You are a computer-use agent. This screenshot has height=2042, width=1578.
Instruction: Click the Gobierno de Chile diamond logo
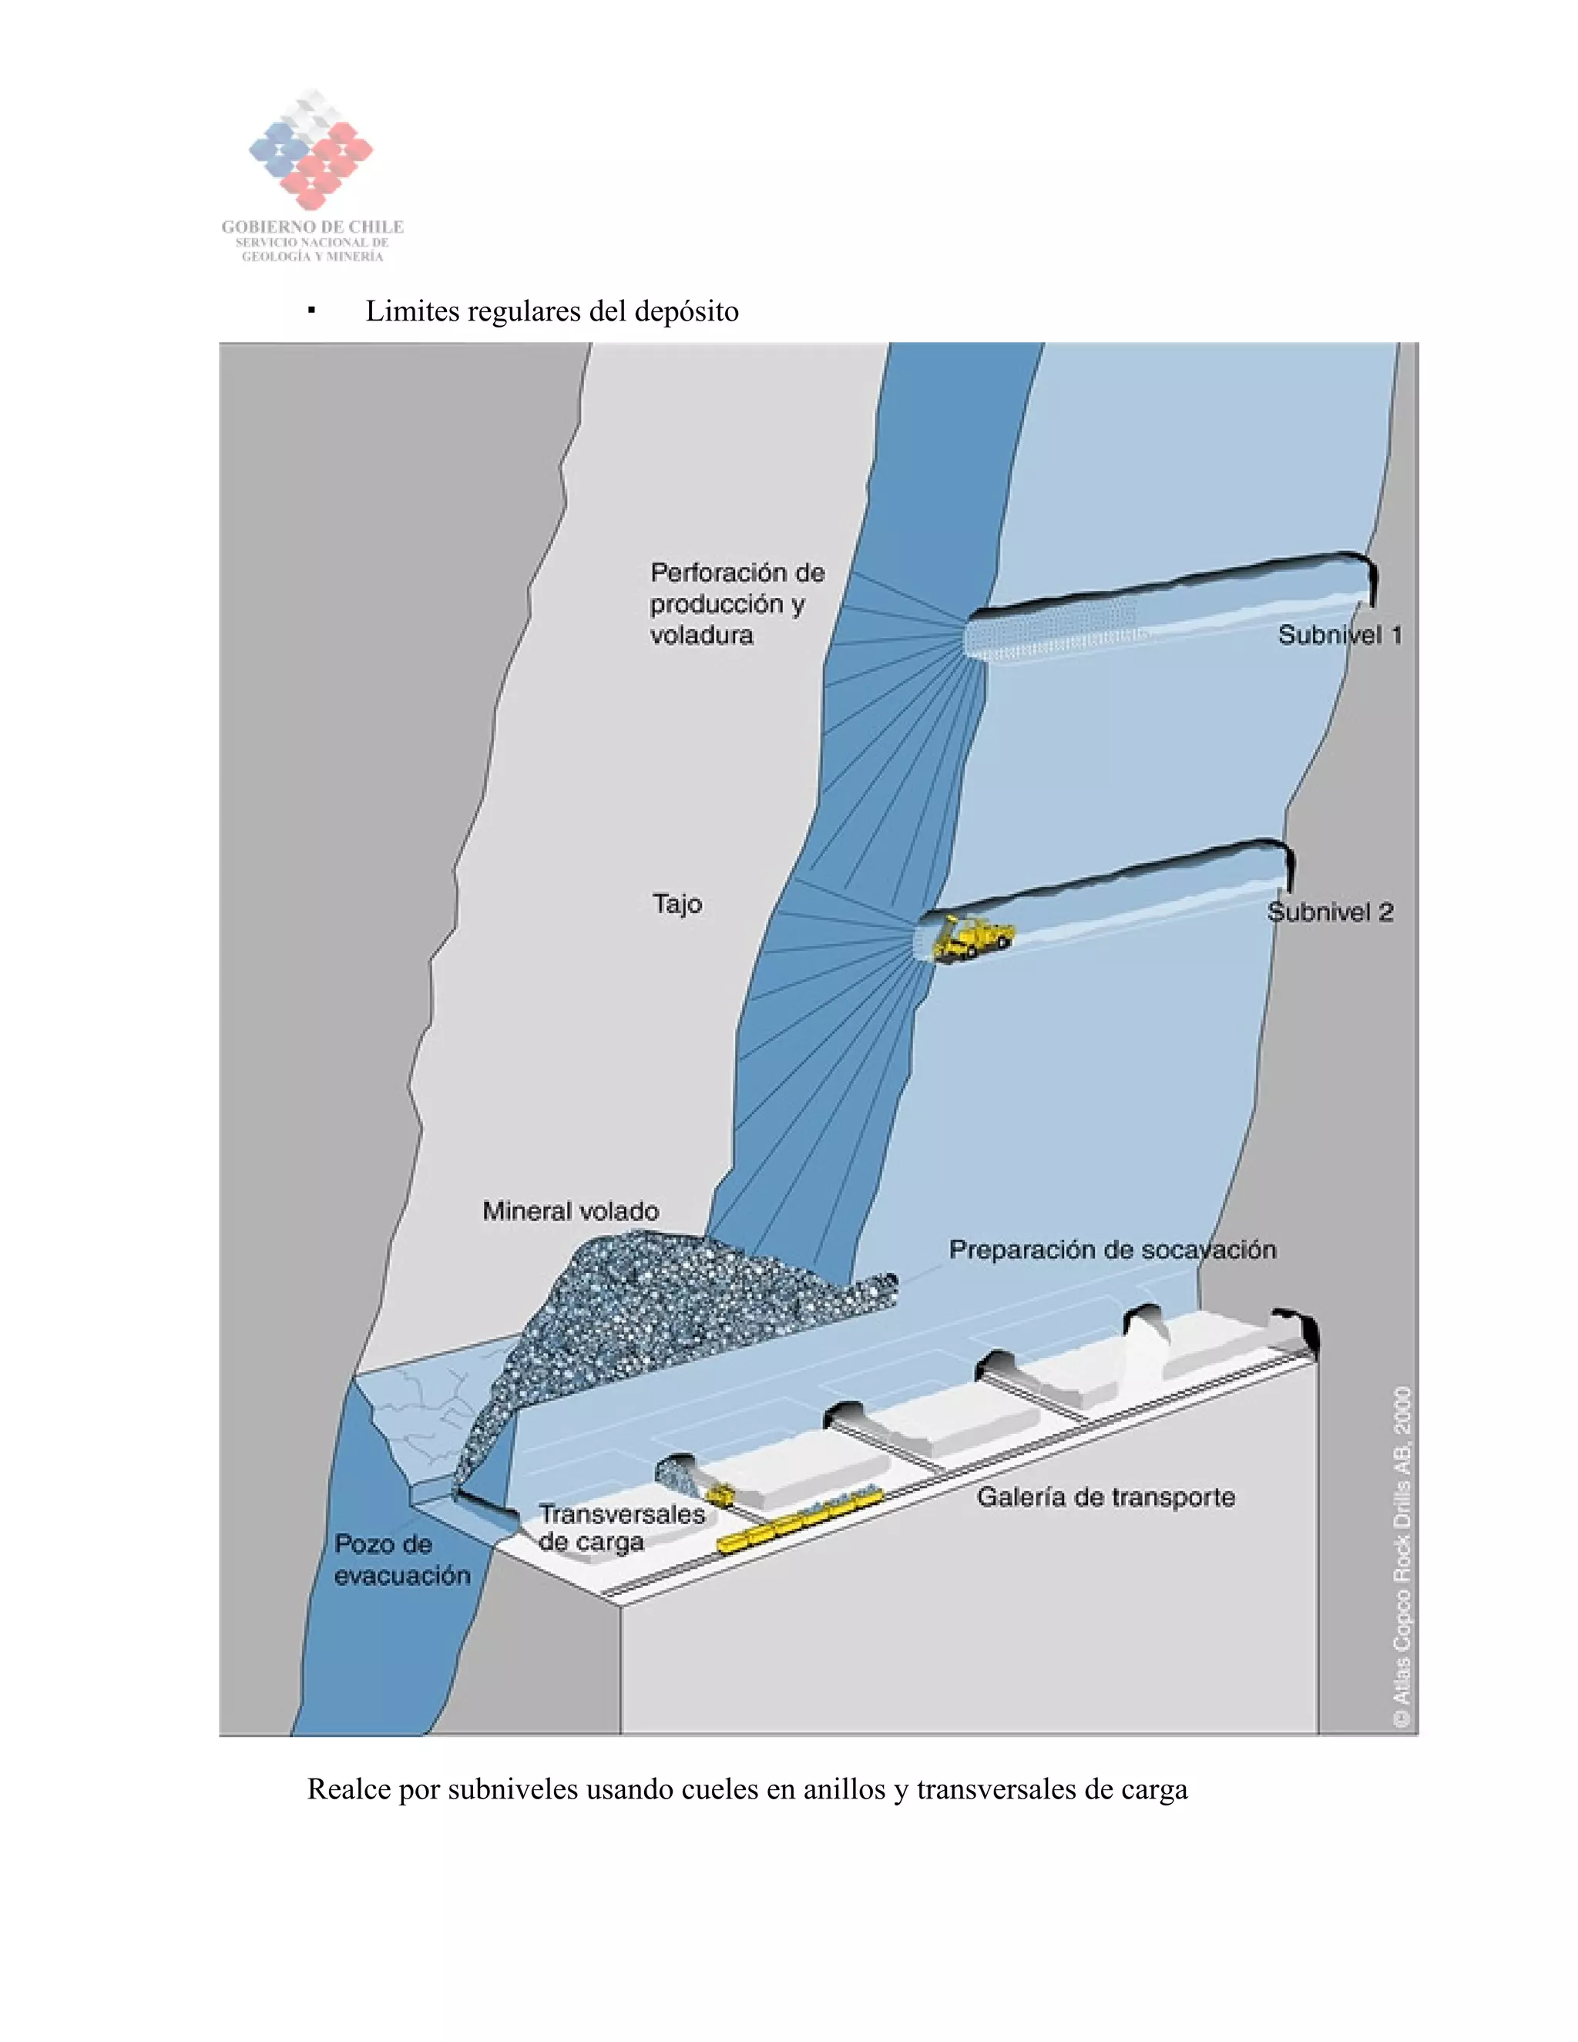311,149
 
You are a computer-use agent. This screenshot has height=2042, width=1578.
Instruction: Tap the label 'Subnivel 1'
1338,636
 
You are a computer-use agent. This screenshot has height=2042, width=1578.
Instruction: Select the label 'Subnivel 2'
1329,912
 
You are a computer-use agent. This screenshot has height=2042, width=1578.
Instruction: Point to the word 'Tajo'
677,904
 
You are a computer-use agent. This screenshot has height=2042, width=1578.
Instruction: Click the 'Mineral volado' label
570,1212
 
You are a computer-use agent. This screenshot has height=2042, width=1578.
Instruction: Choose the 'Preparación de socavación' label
1113,1250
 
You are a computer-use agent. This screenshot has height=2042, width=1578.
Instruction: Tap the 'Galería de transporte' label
1106,1498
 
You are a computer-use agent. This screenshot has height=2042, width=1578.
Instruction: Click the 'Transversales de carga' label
622,1528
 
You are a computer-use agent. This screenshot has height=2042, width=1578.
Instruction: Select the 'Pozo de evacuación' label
402,1560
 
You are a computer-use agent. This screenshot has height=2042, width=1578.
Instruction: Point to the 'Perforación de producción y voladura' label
737,604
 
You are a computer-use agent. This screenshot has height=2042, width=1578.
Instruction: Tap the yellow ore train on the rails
799,1519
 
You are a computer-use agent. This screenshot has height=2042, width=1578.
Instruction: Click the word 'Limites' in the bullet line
411,311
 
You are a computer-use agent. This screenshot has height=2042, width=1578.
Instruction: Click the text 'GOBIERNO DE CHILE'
312,227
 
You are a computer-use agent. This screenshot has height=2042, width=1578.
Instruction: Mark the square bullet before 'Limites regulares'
311,311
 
